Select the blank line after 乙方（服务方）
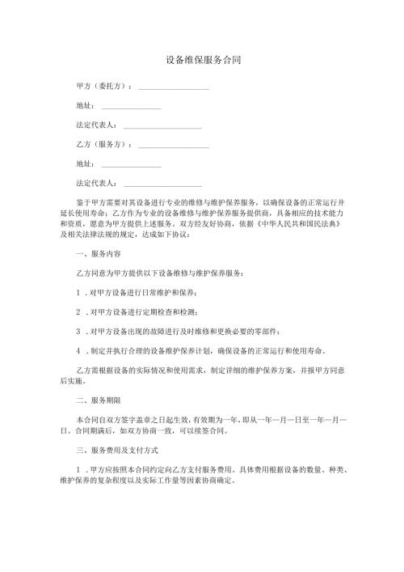[x=174, y=146]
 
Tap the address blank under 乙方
[x=131, y=167]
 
